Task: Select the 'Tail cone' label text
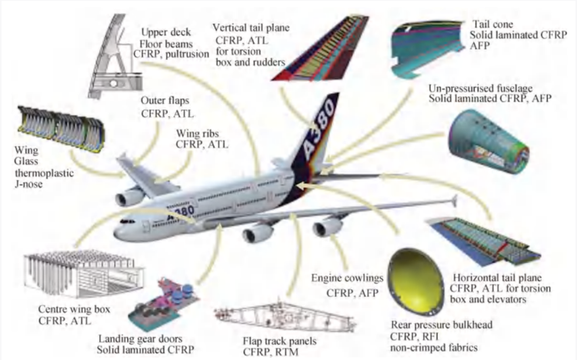[x=492, y=25]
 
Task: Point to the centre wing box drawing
[x=84, y=273]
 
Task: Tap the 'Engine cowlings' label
[x=347, y=278]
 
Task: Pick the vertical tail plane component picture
[x=319, y=48]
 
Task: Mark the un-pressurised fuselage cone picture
[x=489, y=143]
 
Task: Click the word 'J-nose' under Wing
[x=28, y=183]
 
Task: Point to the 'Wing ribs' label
[x=197, y=133]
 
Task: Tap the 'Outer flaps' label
[x=165, y=101]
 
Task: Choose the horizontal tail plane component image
[x=482, y=242]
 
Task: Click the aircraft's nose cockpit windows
[x=128, y=222]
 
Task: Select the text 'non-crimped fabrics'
[x=434, y=348]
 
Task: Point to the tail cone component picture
[x=427, y=48]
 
